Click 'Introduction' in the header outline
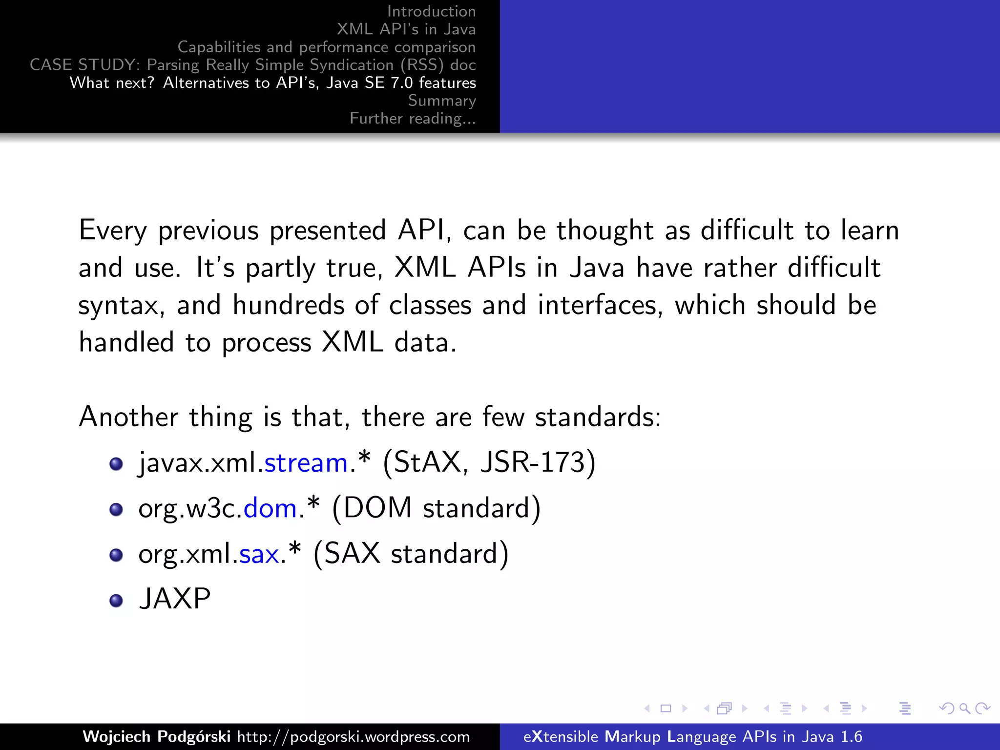431,11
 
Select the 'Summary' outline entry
441,101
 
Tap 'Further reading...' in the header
413,119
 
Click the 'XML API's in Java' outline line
406,29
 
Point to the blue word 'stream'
306,462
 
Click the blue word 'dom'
270,508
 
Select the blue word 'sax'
259,554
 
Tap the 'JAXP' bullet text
174,599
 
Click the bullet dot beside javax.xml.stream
116,464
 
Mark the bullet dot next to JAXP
116,601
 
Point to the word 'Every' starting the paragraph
113,230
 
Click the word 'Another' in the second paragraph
128,417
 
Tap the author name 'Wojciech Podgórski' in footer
156,736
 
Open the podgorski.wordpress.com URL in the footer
354,736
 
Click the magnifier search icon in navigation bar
964,708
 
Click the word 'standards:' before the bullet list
598,417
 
